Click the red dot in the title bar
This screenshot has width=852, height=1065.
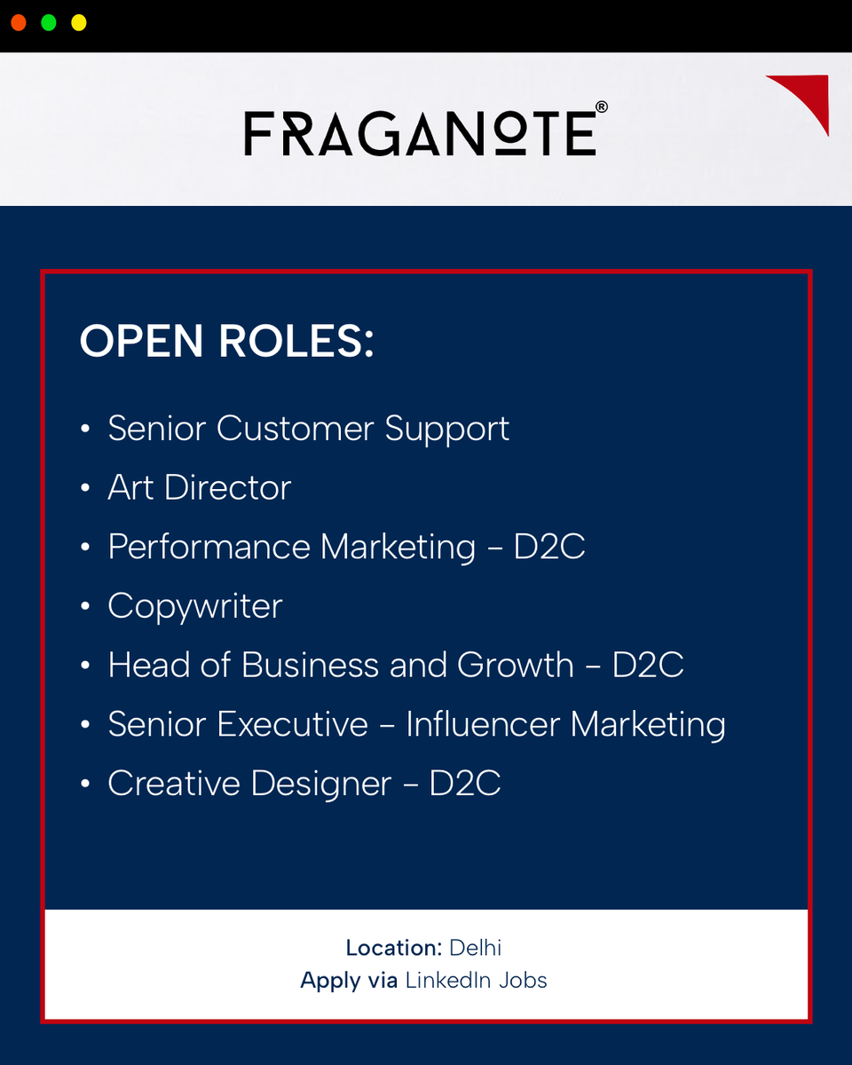coord(19,23)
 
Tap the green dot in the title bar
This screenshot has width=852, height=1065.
coord(49,23)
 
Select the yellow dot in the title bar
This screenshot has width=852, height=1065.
coord(79,23)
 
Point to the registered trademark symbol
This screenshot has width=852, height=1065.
coord(602,106)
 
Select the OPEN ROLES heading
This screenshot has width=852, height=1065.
coord(226,341)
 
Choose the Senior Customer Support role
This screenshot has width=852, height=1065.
coord(309,429)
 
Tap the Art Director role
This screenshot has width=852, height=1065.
coord(200,487)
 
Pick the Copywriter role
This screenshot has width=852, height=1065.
coord(195,606)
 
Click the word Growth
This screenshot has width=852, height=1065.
coord(516,665)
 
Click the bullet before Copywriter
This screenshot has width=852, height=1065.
coord(85,606)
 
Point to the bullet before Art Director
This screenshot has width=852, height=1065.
coord(85,488)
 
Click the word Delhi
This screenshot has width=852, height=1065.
coord(476,948)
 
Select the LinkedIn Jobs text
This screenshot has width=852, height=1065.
coord(477,981)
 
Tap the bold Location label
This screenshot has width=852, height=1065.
coord(394,948)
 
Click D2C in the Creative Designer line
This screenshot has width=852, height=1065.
coord(465,784)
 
